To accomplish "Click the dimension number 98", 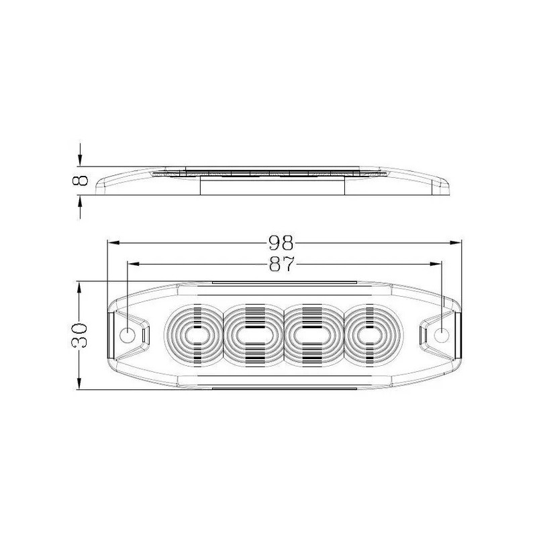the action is click(281, 242).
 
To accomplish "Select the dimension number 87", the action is click(282, 264).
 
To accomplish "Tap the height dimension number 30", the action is click(79, 335).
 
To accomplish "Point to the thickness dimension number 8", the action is click(81, 180).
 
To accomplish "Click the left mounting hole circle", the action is click(128, 334).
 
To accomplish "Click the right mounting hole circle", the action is click(442, 334).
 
